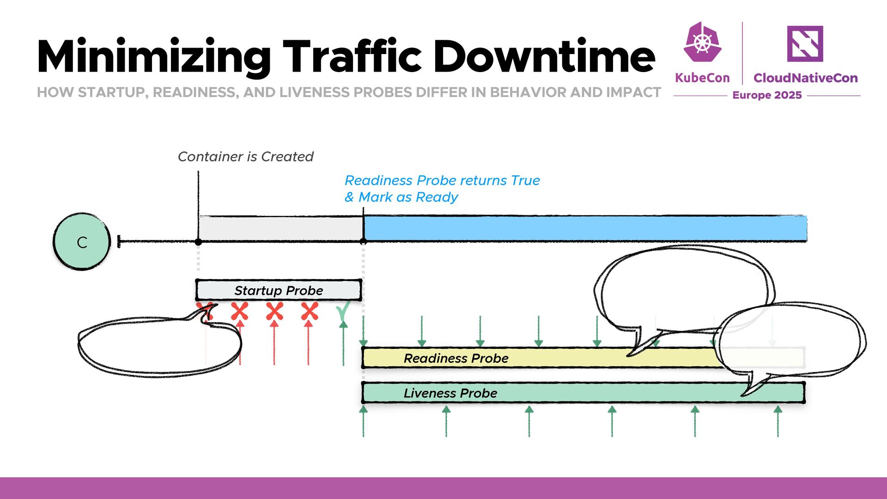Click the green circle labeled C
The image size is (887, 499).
[82, 241]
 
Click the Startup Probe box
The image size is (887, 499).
[278, 290]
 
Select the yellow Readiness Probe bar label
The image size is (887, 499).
[456, 358]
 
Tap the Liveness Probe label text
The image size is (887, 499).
[450, 393]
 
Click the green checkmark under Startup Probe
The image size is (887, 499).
[343, 311]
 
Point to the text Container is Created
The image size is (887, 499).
[245, 157]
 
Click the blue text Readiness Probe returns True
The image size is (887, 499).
[442, 180]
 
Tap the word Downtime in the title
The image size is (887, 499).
[544, 57]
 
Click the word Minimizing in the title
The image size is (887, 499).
[153, 57]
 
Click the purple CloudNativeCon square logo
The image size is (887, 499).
[805, 43]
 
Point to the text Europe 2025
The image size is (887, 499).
[767, 95]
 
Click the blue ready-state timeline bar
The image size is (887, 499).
[584, 228]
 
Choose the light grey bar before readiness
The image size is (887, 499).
[280, 228]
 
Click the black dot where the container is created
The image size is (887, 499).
[198, 242]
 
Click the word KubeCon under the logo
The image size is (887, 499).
[702, 78]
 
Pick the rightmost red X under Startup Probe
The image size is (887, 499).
[309, 311]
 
